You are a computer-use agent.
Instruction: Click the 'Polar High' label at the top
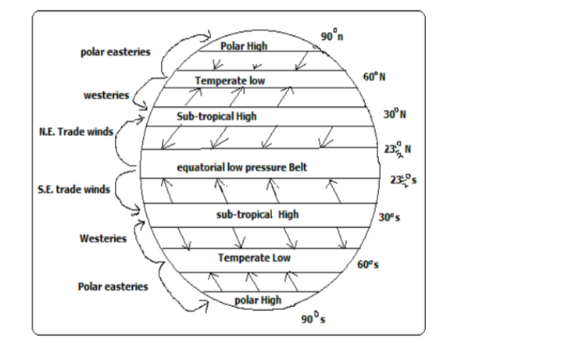(x=244, y=47)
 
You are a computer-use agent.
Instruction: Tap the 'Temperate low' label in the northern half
(x=231, y=80)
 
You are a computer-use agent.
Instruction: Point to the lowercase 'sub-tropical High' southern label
(x=257, y=214)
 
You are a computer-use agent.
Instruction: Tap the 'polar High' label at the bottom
(x=259, y=300)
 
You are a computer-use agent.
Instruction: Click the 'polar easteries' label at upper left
(x=116, y=52)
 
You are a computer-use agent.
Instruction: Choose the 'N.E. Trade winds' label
(x=76, y=130)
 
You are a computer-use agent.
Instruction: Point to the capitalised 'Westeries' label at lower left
(x=103, y=238)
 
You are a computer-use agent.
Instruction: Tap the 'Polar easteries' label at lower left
(x=113, y=287)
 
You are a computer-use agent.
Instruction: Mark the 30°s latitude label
(x=389, y=217)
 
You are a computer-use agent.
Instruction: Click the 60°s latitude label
(x=368, y=264)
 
